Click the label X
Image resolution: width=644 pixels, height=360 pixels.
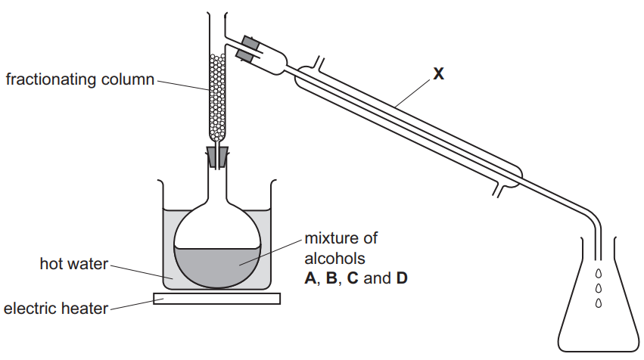click(438, 73)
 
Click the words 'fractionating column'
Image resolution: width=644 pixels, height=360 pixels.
click(79, 79)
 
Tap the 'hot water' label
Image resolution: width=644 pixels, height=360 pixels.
click(73, 264)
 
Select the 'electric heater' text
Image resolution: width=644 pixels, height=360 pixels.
click(55, 308)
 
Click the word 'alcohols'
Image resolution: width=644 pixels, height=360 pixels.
click(329, 258)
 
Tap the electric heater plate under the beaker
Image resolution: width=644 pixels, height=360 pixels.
click(217, 299)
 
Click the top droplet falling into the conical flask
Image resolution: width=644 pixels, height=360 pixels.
click(599, 274)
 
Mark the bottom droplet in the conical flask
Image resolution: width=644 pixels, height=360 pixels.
click(599, 303)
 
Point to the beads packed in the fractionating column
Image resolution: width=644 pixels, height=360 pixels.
click(218, 98)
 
